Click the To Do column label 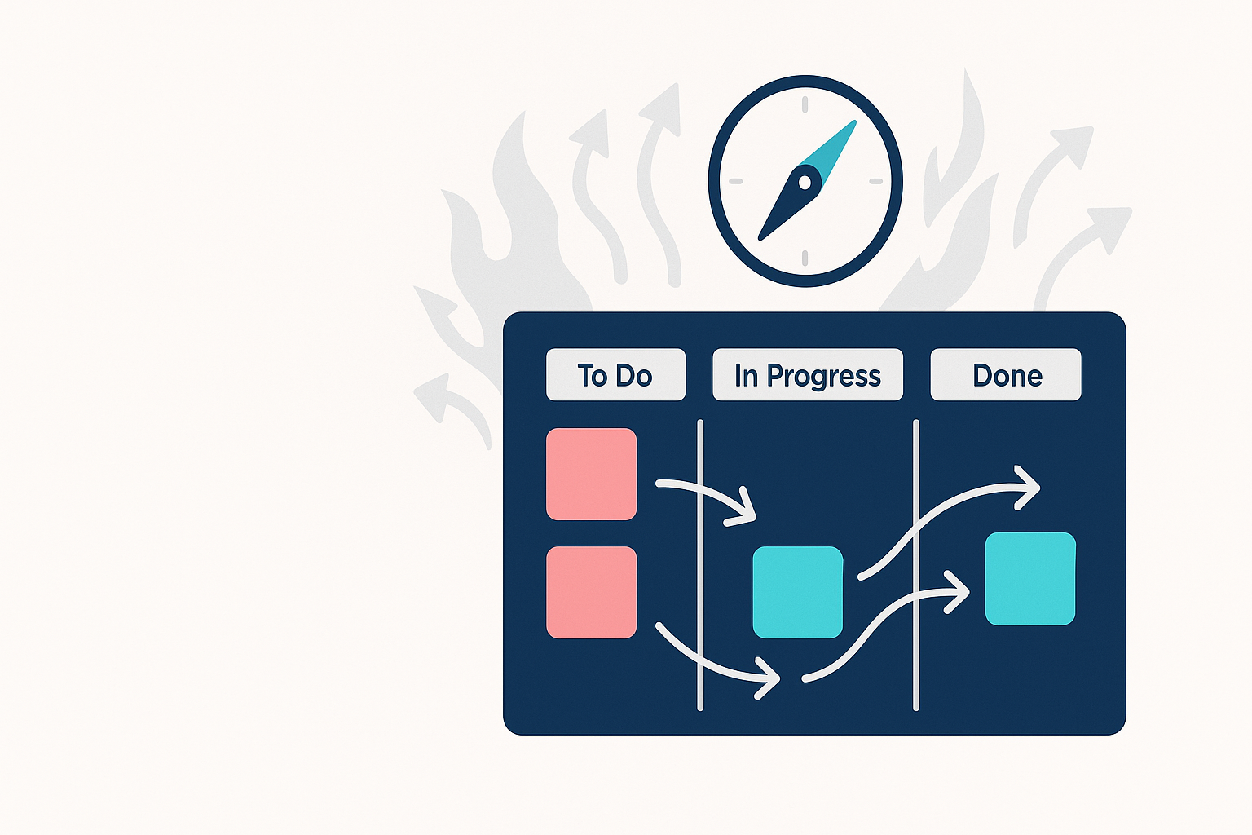pos(615,375)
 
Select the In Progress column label pos(807,375)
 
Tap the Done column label pos(1006,375)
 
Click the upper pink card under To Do pos(591,474)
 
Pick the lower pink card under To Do pos(591,592)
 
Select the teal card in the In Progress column pos(797,592)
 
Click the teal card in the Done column pos(1030,579)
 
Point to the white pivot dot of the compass pos(805,182)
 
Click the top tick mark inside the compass pos(805,104)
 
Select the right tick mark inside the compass pos(876,181)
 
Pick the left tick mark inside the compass pos(735,181)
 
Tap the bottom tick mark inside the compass pos(805,258)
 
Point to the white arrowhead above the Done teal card pos(1029,487)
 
